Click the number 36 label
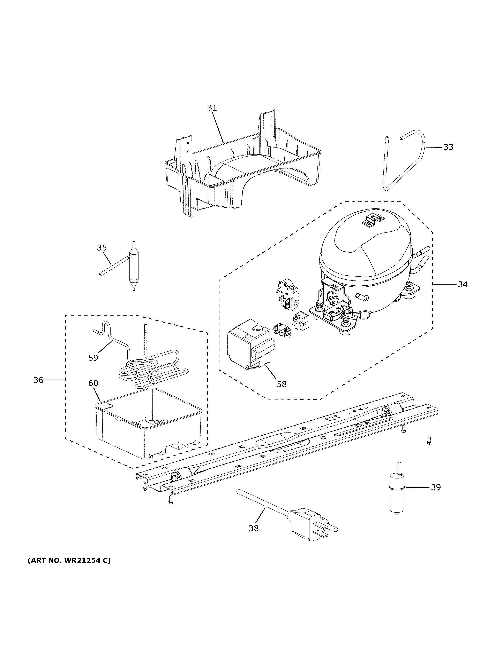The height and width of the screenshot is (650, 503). pos(38,380)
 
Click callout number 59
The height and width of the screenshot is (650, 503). pos(93,357)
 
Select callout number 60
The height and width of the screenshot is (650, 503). pos(93,383)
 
